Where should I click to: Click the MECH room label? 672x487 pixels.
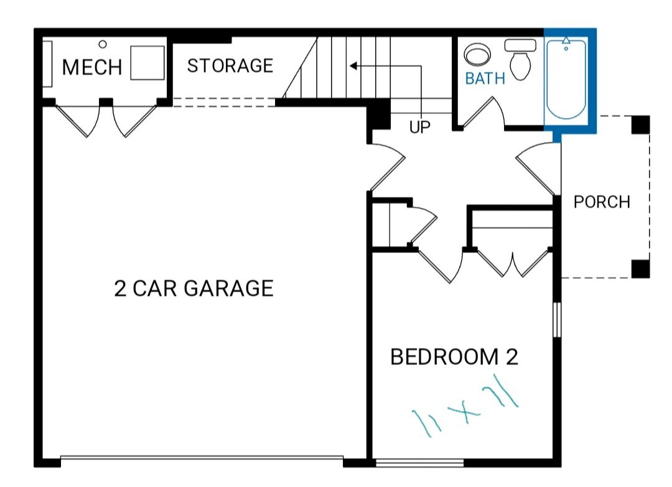pyautogui.click(x=92, y=67)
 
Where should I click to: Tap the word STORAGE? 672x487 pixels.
pyautogui.click(x=230, y=65)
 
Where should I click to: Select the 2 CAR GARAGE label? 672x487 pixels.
pyautogui.click(x=194, y=288)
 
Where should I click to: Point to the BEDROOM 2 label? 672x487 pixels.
pyautogui.click(x=454, y=357)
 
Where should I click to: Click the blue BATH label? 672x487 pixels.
pyautogui.click(x=485, y=78)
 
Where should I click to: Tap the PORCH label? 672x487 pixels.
pyautogui.click(x=602, y=202)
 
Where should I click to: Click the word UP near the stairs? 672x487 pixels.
pyautogui.click(x=419, y=127)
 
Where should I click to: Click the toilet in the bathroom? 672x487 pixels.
pyautogui.click(x=520, y=60)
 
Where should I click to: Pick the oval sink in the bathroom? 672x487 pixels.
pyautogui.click(x=477, y=54)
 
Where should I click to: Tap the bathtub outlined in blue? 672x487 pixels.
pyautogui.click(x=566, y=79)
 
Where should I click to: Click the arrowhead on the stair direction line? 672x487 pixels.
pyautogui.click(x=353, y=66)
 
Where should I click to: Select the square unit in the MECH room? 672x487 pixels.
pyautogui.click(x=147, y=63)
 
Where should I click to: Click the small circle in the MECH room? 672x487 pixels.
pyautogui.click(x=103, y=44)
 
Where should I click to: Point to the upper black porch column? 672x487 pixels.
pyautogui.click(x=641, y=124)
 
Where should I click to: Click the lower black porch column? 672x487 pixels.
pyautogui.click(x=641, y=269)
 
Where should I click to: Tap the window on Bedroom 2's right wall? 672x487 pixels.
pyautogui.click(x=557, y=320)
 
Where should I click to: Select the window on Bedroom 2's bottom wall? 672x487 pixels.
pyautogui.click(x=419, y=463)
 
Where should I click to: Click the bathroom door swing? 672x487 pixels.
pyautogui.click(x=484, y=113)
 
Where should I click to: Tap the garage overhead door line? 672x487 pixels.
pyautogui.click(x=202, y=457)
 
